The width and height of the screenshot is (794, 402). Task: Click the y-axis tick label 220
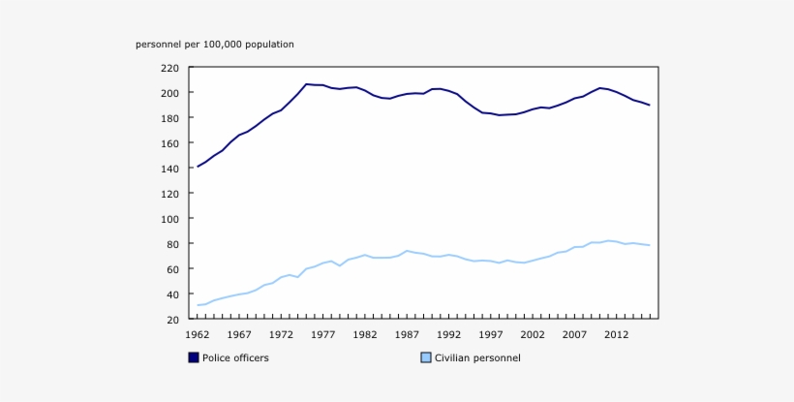[x=169, y=68]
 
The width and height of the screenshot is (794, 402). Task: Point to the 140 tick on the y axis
[x=169, y=169]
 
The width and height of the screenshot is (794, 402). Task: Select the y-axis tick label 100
[x=169, y=219]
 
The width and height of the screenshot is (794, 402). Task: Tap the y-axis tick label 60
[x=172, y=269]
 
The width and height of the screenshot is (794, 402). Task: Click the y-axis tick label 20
[x=172, y=320]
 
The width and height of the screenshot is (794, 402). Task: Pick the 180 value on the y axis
[x=169, y=118]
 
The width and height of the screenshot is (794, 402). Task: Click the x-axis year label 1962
[x=198, y=335]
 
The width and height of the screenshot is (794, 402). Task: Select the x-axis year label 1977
[x=322, y=335]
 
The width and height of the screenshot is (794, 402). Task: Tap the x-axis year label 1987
[x=407, y=335]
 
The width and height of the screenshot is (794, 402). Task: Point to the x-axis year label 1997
[x=490, y=335]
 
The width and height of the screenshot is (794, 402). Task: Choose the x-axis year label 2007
[x=573, y=335]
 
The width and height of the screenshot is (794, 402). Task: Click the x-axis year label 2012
[x=616, y=335]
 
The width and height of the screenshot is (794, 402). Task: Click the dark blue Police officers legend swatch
[x=194, y=357]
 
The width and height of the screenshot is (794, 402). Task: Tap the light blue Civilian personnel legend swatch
[x=426, y=357]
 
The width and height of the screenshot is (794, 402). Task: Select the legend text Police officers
[x=235, y=357]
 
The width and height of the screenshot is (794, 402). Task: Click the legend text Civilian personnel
[x=477, y=357]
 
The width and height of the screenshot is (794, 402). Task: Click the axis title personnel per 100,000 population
[x=215, y=45]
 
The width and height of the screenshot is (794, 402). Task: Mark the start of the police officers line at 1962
[x=198, y=167]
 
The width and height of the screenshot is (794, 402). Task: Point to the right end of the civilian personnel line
[x=649, y=245]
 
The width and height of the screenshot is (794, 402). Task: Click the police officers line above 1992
[x=448, y=91]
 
